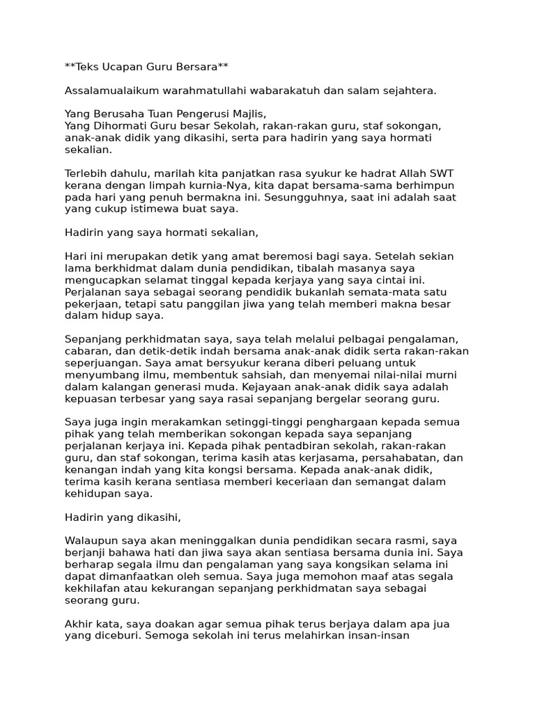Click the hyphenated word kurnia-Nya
point(209,185)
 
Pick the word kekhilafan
point(95,588)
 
